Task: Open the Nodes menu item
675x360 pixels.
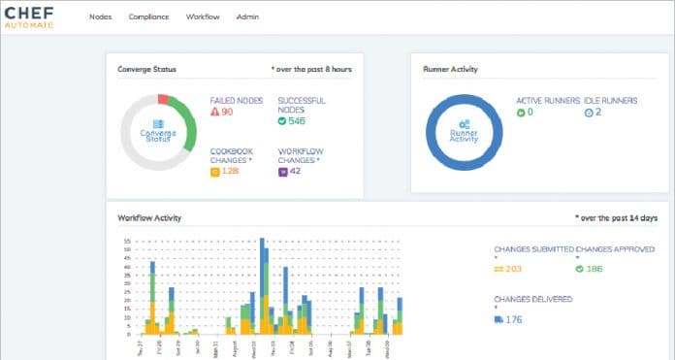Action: point(100,16)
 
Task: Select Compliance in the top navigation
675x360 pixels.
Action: point(148,16)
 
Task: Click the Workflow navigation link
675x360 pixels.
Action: point(203,16)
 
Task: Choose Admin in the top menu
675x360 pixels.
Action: point(246,16)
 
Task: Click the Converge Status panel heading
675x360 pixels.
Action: point(146,70)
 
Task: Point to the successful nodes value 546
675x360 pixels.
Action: point(296,121)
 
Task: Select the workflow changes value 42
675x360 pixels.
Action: point(294,172)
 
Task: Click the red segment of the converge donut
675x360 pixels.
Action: point(164,100)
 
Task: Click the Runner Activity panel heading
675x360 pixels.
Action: point(451,70)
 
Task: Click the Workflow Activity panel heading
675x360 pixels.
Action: point(149,218)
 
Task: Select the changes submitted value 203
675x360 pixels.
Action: point(513,269)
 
